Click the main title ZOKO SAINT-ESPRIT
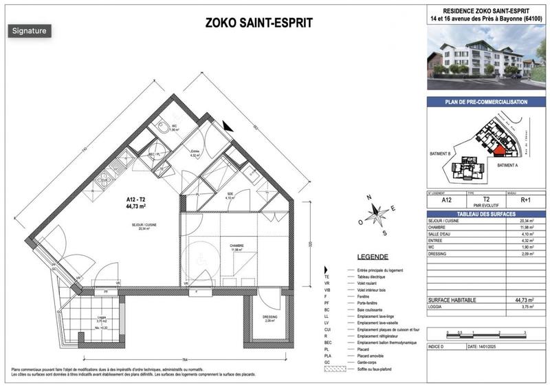click(259, 23)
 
